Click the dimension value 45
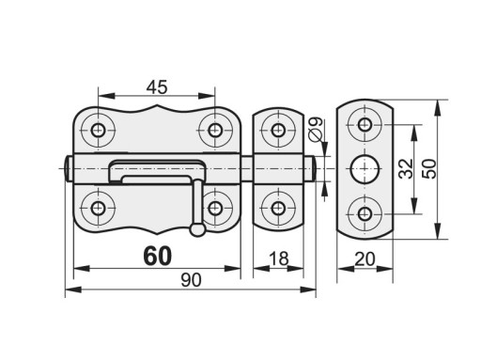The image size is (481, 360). tap(157, 87)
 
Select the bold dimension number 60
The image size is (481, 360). tap(158, 256)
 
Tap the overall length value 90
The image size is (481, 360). tap(191, 280)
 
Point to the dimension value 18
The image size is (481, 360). tap(278, 258)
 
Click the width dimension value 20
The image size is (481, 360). tap(365, 259)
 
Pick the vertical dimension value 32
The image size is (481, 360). tap(407, 169)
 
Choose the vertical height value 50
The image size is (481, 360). tap(429, 169)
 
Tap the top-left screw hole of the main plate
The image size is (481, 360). tap(98, 130)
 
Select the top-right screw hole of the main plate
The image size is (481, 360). tap(215, 130)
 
